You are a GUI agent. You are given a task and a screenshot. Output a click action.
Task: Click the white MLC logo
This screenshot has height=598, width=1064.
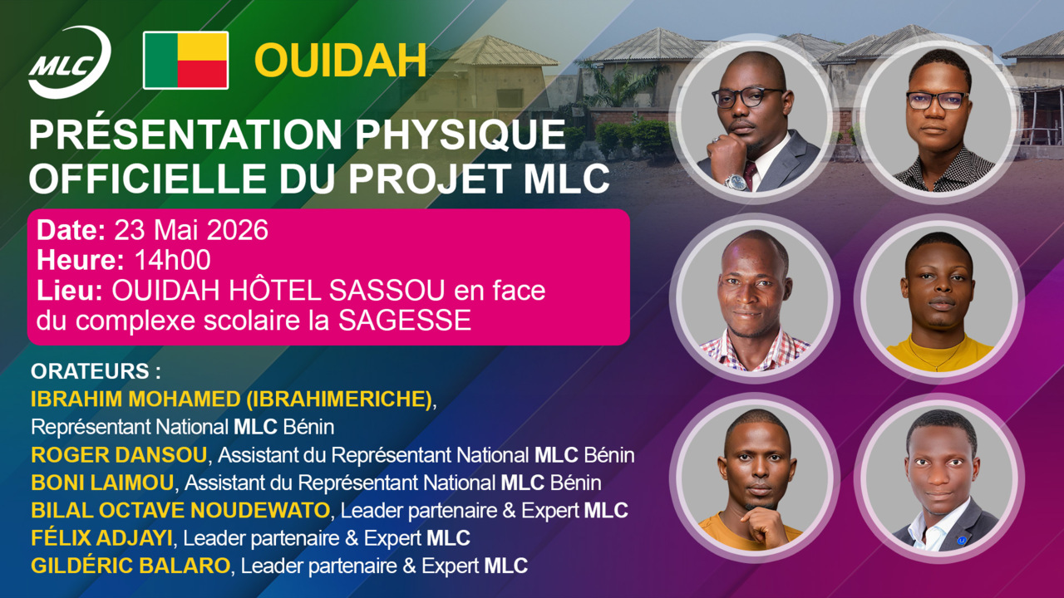(x=69, y=61)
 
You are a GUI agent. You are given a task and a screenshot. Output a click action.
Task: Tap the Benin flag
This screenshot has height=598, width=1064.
(x=185, y=60)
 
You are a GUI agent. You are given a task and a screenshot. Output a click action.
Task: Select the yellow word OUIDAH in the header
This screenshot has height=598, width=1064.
(x=340, y=60)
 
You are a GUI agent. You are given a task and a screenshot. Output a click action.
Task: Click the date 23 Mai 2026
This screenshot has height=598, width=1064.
(x=191, y=230)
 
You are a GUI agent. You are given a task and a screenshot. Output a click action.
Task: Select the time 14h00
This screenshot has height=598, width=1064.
(x=172, y=260)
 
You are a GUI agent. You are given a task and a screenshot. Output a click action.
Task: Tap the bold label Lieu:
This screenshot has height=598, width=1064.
(x=71, y=291)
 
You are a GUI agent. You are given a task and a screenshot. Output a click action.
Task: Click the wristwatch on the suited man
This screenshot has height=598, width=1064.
(x=736, y=181)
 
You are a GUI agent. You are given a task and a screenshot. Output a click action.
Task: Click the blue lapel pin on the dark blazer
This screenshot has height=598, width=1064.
(x=961, y=540)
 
